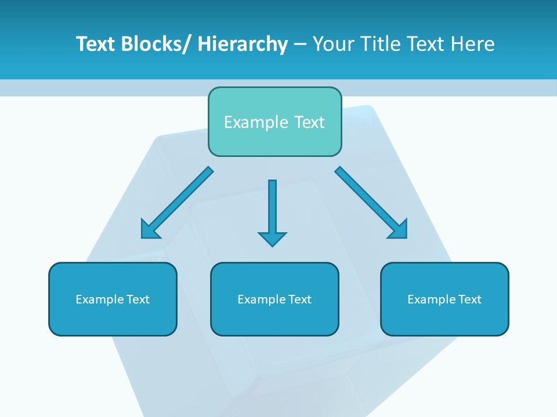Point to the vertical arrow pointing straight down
click(272, 209)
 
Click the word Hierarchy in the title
click(243, 44)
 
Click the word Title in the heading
click(381, 44)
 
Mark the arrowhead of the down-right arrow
click(399, 230)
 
